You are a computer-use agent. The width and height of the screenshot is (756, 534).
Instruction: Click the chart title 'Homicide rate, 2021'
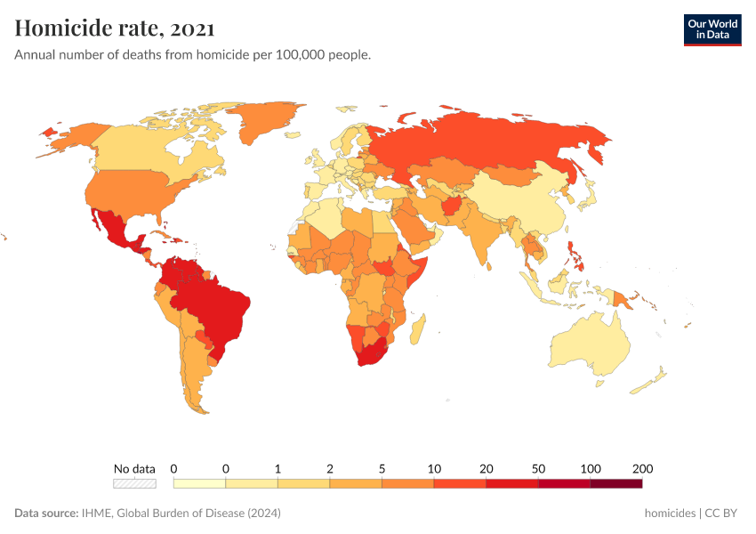[115, 28]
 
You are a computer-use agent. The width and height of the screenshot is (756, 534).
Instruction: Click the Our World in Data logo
[712, 29]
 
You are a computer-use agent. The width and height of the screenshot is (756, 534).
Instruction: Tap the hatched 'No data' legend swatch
[134, 483]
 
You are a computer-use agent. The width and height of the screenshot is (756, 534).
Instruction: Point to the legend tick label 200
[642, 468]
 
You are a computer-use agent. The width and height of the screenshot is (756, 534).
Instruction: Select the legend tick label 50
[538, 468]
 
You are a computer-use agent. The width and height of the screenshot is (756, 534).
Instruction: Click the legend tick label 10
[434, 468]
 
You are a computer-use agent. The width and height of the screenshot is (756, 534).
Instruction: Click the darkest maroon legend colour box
[615, 483]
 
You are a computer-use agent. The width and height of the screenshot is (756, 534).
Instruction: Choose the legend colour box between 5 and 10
[407, 483]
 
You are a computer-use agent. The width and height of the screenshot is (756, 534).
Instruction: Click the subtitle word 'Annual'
[36, 55]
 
